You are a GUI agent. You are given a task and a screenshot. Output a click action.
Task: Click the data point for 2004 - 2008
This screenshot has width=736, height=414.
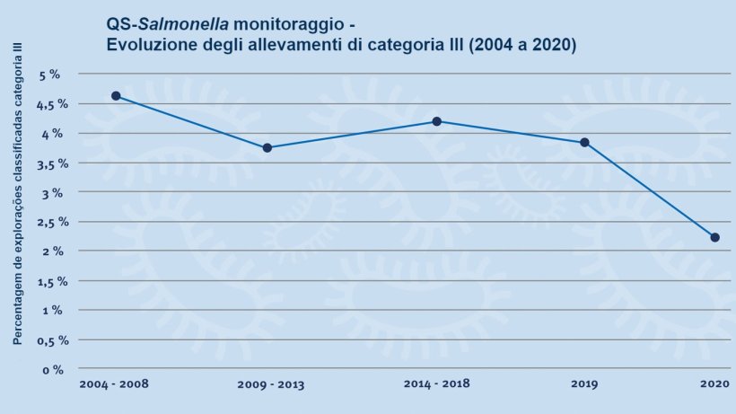[116, 96]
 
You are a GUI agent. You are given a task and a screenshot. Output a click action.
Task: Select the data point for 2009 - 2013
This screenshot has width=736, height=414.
[267, 148]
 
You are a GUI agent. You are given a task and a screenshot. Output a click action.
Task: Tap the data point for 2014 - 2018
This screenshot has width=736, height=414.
[436, 121]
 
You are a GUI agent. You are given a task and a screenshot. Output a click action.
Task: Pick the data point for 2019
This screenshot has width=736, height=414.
[584, 142]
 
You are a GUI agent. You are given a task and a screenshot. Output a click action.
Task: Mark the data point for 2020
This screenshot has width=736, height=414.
[714, 237]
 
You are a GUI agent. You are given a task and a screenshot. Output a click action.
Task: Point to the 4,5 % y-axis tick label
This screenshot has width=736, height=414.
[45, 104]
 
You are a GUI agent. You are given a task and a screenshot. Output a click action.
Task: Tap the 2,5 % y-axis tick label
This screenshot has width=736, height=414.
[45, 222]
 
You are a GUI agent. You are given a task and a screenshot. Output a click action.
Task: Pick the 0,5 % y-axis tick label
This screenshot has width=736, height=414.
[45, 339]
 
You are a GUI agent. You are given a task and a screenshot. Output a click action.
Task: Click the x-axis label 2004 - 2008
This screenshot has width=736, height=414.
[114, 384]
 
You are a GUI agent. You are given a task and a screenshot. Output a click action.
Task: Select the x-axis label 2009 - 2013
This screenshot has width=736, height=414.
[271, 385]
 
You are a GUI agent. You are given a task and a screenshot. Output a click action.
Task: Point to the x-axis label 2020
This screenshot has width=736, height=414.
[714, 384]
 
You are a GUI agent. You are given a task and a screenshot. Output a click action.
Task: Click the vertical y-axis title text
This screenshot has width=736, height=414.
[17, 193]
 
